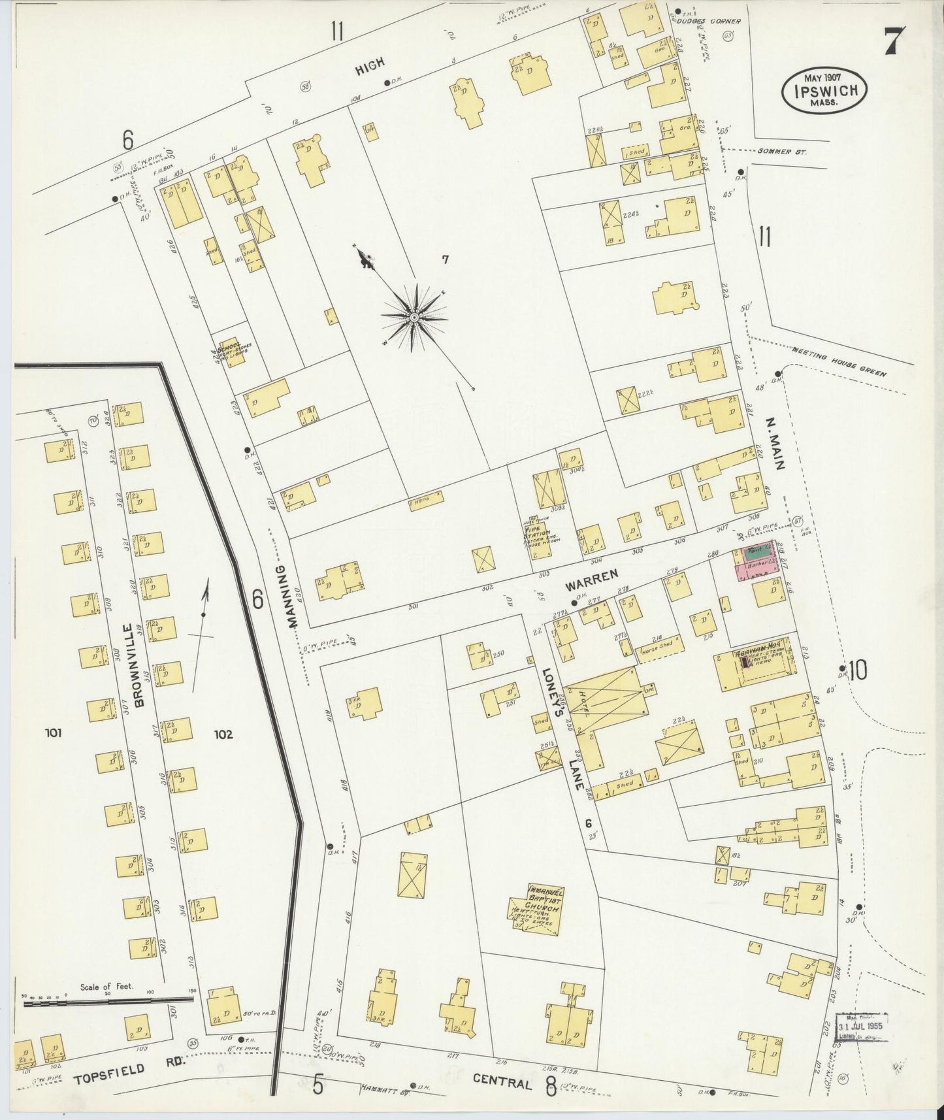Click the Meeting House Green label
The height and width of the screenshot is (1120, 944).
(x=839, y=363)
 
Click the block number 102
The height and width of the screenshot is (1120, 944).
(x=223, y=734)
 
